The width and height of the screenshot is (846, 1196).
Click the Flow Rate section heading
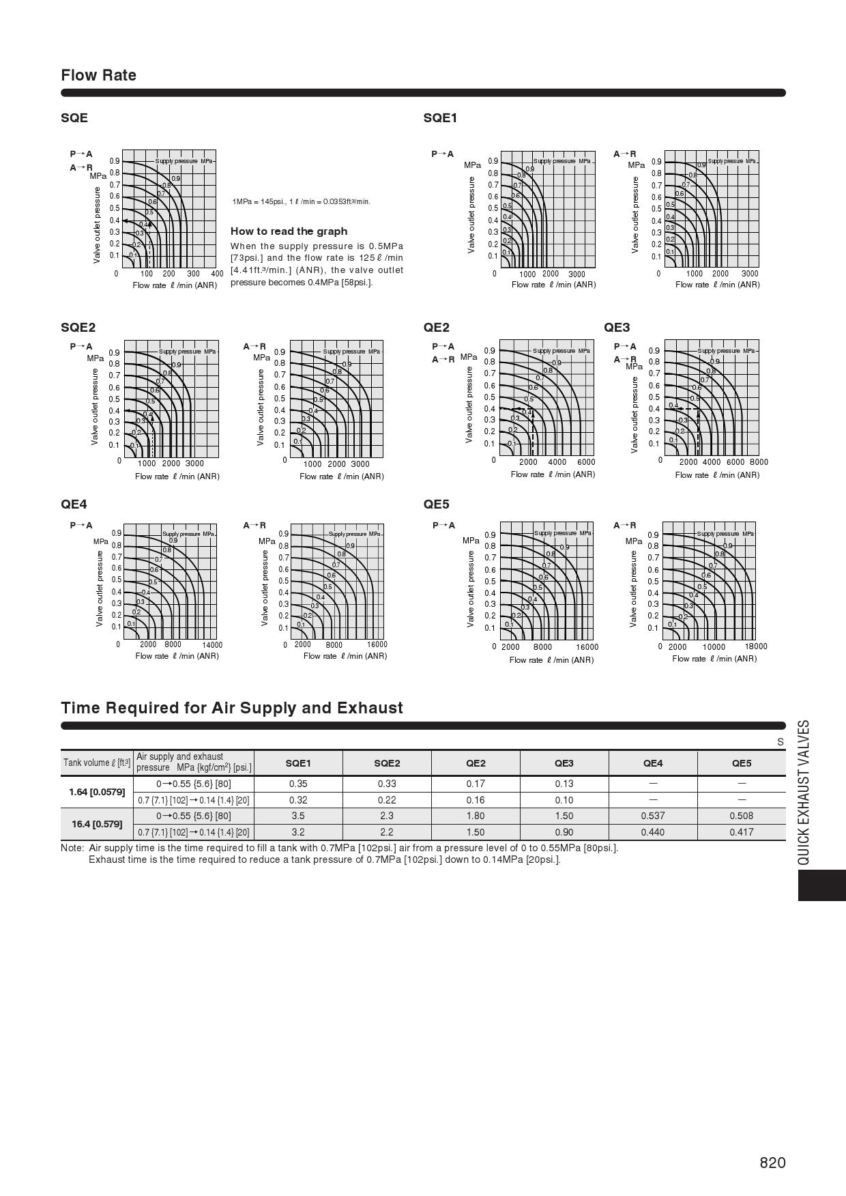pyautogui.click(x=98, y=75)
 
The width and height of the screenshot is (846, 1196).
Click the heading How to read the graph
pyautogui.click(x=289, y=231)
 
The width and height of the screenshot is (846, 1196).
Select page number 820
pyautogui.click(x=772, y=1163)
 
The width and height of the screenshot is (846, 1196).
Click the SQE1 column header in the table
pyautogui.click(x=298, y=763)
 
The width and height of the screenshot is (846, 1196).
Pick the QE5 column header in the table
pyautogui.click(x=741, y=763)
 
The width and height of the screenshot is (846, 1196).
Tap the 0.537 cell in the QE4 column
pyautogui.click(x=652, y=816)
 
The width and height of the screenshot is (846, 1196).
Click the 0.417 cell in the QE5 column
pyautogui.click(x=741, y=832)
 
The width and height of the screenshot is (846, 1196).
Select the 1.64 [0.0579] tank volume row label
pyautogui.click(x=97, y=792)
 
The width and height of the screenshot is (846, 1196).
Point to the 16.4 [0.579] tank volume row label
pyautogui.click(x=97, y=824)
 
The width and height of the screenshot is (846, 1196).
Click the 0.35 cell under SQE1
pyautogui.click(x=298, y=784)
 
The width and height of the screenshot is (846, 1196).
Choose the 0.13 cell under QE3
pyautogui.click(x=564, y=784)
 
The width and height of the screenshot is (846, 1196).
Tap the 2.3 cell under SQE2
pyautogui.click(x=387, y=816)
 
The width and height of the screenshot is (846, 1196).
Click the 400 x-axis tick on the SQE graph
pyautogui.click(x=217, y=274)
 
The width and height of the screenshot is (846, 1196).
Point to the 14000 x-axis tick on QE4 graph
pyautogui.click(x=211, y=644)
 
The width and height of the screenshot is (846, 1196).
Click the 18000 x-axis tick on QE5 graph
pyautogui.click(x=755, y=646)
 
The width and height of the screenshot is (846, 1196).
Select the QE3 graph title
pyautogui.click(x=617, y=328)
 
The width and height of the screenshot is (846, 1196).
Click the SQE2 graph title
pyautogui.click(x=78, y=328)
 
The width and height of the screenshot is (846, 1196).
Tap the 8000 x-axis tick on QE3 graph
pyautogui.click(x=758, y=462)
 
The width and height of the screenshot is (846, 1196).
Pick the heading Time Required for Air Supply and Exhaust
pyautogui.click(x=232, y=708)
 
